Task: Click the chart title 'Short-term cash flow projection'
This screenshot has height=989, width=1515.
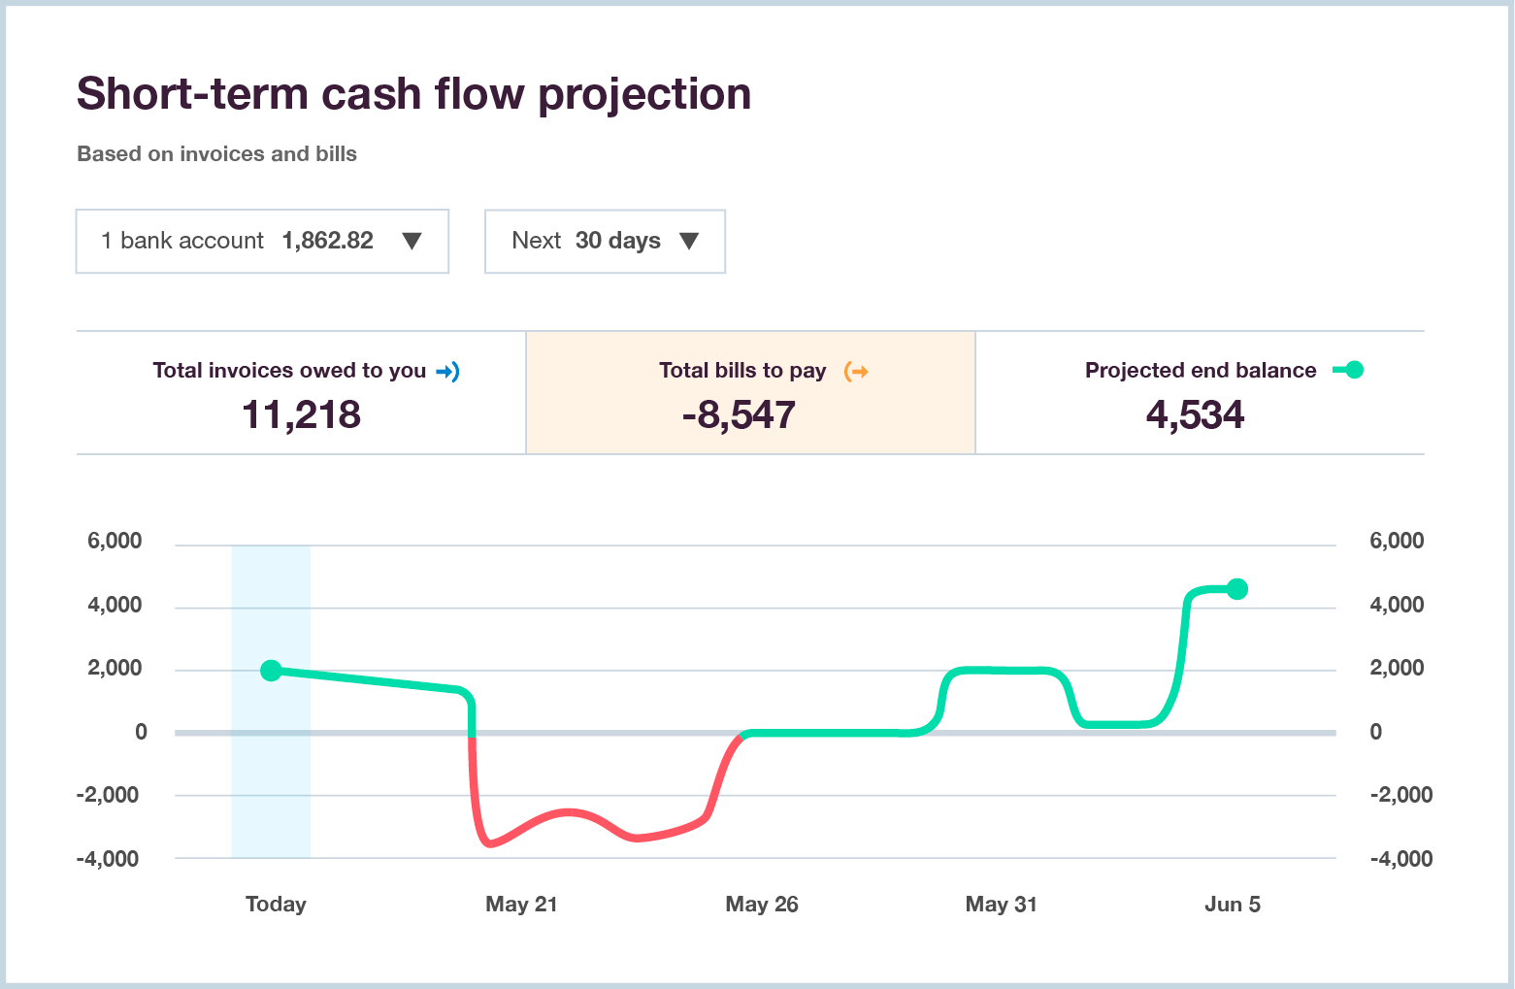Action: (x=413, y=94)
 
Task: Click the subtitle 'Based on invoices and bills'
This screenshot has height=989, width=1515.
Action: (x=216, y=154)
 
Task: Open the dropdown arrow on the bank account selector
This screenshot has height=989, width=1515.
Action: (x=412, y=242)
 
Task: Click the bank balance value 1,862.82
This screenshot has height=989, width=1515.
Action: (x=327, y=241)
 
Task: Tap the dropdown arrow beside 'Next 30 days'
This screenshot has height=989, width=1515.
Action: (x=689, y=242)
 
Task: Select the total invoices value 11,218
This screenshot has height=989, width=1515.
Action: (x=301, y=414)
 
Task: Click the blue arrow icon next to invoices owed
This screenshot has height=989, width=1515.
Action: (x=447, y=371)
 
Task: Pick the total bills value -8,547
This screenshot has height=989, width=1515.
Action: (x=739, y=414)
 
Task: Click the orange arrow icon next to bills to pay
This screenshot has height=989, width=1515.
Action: (x=856, y=371)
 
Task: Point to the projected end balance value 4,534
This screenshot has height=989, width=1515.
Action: (x=1195, y=414)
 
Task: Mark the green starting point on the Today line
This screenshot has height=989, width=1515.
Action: (x=272, y=671)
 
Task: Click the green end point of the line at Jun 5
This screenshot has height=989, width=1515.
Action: (x=1237, y=589)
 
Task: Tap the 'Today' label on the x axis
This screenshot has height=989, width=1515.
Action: (x=276, y=905)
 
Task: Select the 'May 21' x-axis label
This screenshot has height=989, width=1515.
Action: (x=521, y=905)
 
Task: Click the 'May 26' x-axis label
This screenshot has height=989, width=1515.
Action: (x=762, y=905)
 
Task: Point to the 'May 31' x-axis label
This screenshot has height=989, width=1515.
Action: (x=1001, y=905)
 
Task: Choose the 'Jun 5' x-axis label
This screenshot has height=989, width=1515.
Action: (x=1232, y=905)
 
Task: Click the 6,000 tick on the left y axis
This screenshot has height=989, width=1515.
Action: (x=115, y=541)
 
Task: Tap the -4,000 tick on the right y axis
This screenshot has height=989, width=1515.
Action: (x=1400, y=859)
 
